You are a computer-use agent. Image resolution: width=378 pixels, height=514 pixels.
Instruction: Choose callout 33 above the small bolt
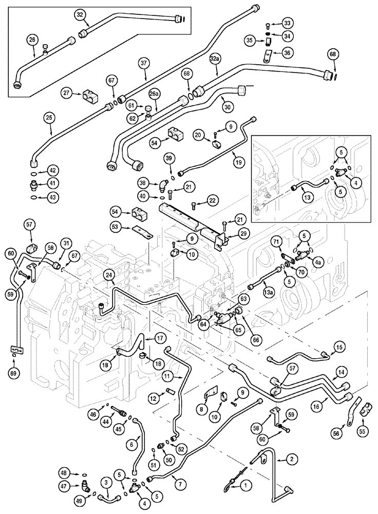tap(287, 23)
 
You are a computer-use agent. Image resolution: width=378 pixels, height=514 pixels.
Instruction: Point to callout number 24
tap(109, 276)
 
